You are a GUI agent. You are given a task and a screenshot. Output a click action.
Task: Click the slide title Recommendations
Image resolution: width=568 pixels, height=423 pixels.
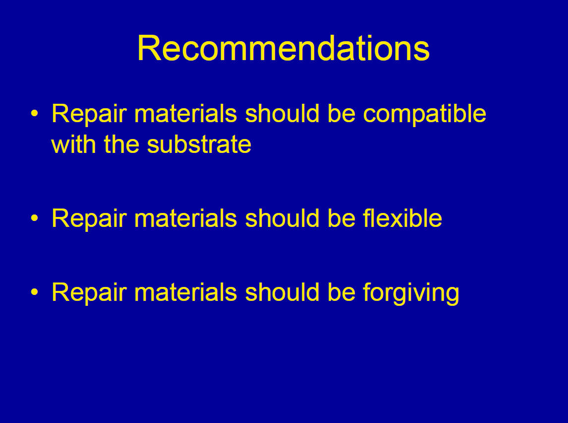point(284,48)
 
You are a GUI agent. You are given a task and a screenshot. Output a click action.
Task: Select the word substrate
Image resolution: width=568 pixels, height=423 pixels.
point(199,144)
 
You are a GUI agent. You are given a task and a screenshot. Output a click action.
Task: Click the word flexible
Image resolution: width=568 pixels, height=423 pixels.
point(402,218)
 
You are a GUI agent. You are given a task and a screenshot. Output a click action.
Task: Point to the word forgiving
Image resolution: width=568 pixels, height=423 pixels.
point(411,293)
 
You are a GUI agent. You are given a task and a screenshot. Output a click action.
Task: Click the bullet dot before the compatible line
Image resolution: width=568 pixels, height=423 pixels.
point(34,113)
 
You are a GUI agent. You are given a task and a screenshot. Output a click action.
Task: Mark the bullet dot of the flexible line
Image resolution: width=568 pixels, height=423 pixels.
point(34,218)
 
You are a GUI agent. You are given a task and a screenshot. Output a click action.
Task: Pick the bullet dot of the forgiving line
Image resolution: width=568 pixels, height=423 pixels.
point(34,292)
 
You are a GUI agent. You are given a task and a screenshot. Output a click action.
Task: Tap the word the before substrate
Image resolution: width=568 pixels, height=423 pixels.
point(121,144)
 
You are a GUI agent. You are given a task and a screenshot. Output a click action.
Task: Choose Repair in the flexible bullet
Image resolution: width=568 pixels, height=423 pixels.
point(89,219)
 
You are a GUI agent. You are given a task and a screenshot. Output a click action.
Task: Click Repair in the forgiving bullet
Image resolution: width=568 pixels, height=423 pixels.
point(89,293)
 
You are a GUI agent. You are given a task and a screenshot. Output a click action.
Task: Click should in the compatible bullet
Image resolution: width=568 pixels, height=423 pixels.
point(282,113)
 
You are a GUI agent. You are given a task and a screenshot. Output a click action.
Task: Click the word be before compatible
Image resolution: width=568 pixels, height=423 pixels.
point(341,113)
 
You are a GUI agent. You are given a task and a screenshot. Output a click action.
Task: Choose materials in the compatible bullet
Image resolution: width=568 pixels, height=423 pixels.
point(185,113)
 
